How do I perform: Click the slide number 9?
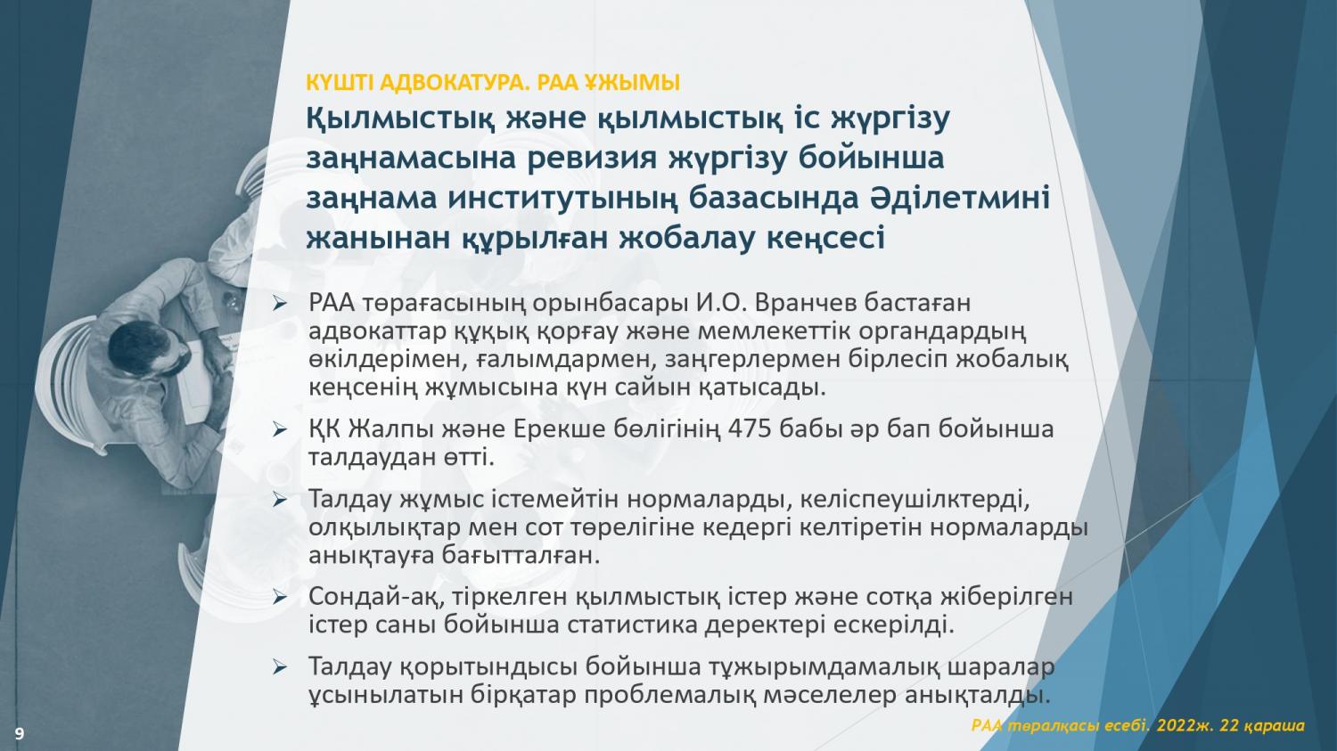[20, 733]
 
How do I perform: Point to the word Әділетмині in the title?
[955, 198]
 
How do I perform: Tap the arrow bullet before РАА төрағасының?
[279, 304]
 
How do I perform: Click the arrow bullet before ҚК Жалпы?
[279, 429]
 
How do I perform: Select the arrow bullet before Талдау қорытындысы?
[279, 667]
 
